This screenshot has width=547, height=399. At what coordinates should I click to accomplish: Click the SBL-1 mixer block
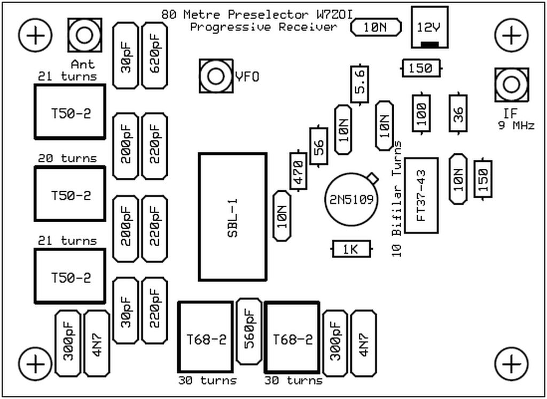coord(232,217)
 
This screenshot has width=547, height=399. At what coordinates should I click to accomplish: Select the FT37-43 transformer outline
coord(421,195)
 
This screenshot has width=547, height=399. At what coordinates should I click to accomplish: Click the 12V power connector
coord(430,27)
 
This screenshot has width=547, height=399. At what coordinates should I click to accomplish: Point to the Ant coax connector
coord(84,35)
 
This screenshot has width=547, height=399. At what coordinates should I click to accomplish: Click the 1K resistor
coord(351,248)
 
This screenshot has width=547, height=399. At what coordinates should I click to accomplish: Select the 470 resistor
coord(298,171)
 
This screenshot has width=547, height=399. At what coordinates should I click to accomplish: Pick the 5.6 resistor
coord(360,84)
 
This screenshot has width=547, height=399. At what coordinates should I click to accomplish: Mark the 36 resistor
coord(458,113)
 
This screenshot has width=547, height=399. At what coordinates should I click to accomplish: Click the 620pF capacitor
coord(154,56)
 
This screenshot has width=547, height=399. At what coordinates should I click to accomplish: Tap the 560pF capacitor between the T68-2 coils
coord(249,331)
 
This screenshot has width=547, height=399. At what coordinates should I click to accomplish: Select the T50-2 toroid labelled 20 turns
coord(70,194)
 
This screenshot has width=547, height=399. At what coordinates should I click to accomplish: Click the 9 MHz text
coord(515,126)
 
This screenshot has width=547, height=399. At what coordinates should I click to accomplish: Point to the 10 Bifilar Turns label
coord(397,199)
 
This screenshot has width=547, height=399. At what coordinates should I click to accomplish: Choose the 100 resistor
coord(421,113)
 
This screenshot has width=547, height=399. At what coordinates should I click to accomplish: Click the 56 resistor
coord(318,145)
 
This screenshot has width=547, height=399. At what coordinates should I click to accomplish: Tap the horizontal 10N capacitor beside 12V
coord(376,28)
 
